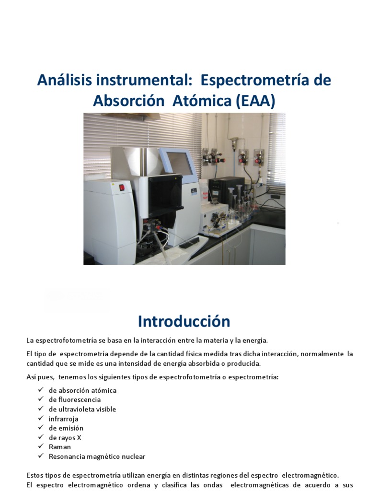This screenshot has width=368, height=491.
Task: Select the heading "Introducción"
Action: coord(184,321)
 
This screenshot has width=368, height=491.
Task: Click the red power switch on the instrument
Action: coord(122,187)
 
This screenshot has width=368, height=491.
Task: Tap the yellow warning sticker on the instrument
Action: coord(113,184)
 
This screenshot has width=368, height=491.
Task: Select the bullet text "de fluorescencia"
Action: coord(75,399)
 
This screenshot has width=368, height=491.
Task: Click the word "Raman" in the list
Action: coord(60,447)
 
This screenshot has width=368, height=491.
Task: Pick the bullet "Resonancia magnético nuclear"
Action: coord(97,456)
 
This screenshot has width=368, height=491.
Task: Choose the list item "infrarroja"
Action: coord(64,419)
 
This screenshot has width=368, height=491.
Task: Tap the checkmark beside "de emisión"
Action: coord(40,428)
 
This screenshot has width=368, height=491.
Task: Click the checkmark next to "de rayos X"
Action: coord(40,437)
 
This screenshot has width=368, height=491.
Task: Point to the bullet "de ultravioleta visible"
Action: coord(82,409)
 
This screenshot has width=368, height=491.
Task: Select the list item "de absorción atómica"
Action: coord(82,390)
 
